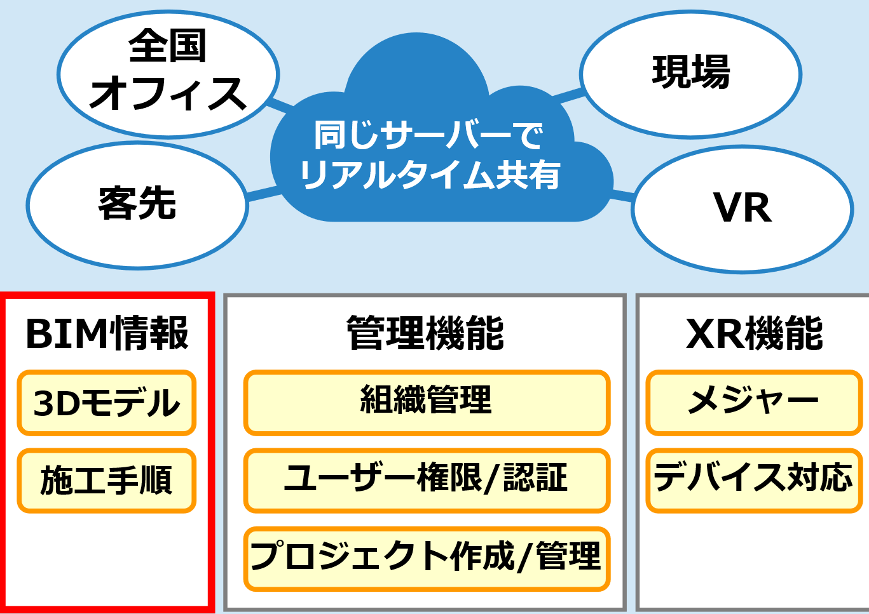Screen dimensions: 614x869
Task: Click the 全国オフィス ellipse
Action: pyautogui.click(x=168, y=74)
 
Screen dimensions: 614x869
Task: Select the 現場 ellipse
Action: pyautogui.click(x=690, y=74)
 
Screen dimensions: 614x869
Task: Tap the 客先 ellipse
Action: pyautogui.click(x=137, y=204)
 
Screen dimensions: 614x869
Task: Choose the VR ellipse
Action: pyautogui.click(x=742, y=208)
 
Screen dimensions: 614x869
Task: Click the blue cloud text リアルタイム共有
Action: pyautogui.click(x=430, y=175)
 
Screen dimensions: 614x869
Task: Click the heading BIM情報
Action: pyautogui.click(x=107, y=333)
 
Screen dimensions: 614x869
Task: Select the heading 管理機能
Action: pyautogui.click(x=425, y=333)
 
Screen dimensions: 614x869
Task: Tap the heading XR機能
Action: pyautogui.click(x=755, y=333)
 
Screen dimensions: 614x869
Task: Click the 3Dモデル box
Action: pyautogui.click(x=107, y=403)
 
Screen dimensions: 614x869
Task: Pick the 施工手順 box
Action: pyautogui.click(x=107, y=480)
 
